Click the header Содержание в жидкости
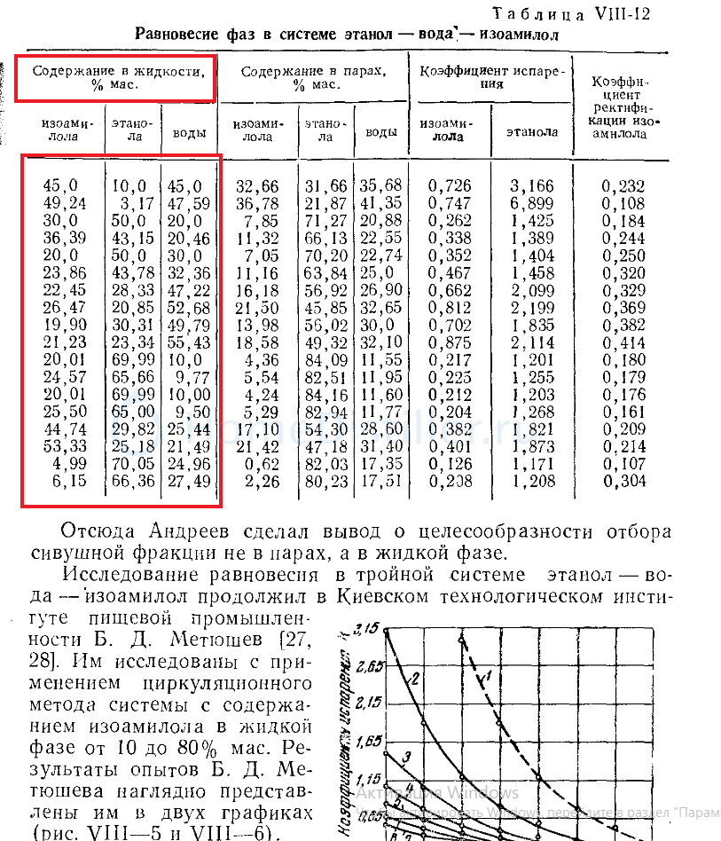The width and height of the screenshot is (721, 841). coord(115,75)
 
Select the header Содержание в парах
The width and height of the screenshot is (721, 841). coord(313,77)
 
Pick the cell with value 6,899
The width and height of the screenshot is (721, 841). coord(532,203)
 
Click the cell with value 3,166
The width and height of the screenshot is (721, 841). coord(532,186)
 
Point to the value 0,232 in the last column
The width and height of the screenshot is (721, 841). coord(623,186)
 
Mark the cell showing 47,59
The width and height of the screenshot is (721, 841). coord(189,203)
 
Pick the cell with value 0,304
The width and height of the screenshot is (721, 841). coord(623,481)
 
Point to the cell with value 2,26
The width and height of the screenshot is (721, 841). coord(261,481)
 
